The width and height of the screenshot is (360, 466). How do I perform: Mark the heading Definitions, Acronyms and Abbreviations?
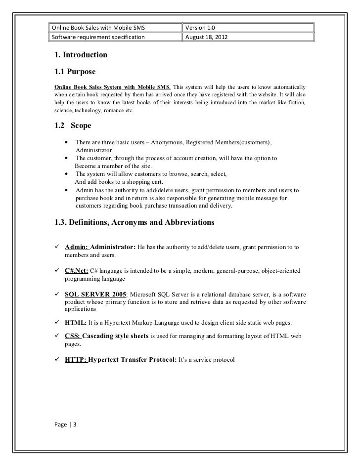135,222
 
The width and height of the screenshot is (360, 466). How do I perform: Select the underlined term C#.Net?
77,272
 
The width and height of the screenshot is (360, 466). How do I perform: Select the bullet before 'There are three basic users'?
66,142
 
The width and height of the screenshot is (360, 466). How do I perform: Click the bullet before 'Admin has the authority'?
66,191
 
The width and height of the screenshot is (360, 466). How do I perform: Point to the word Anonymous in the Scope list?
179,142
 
